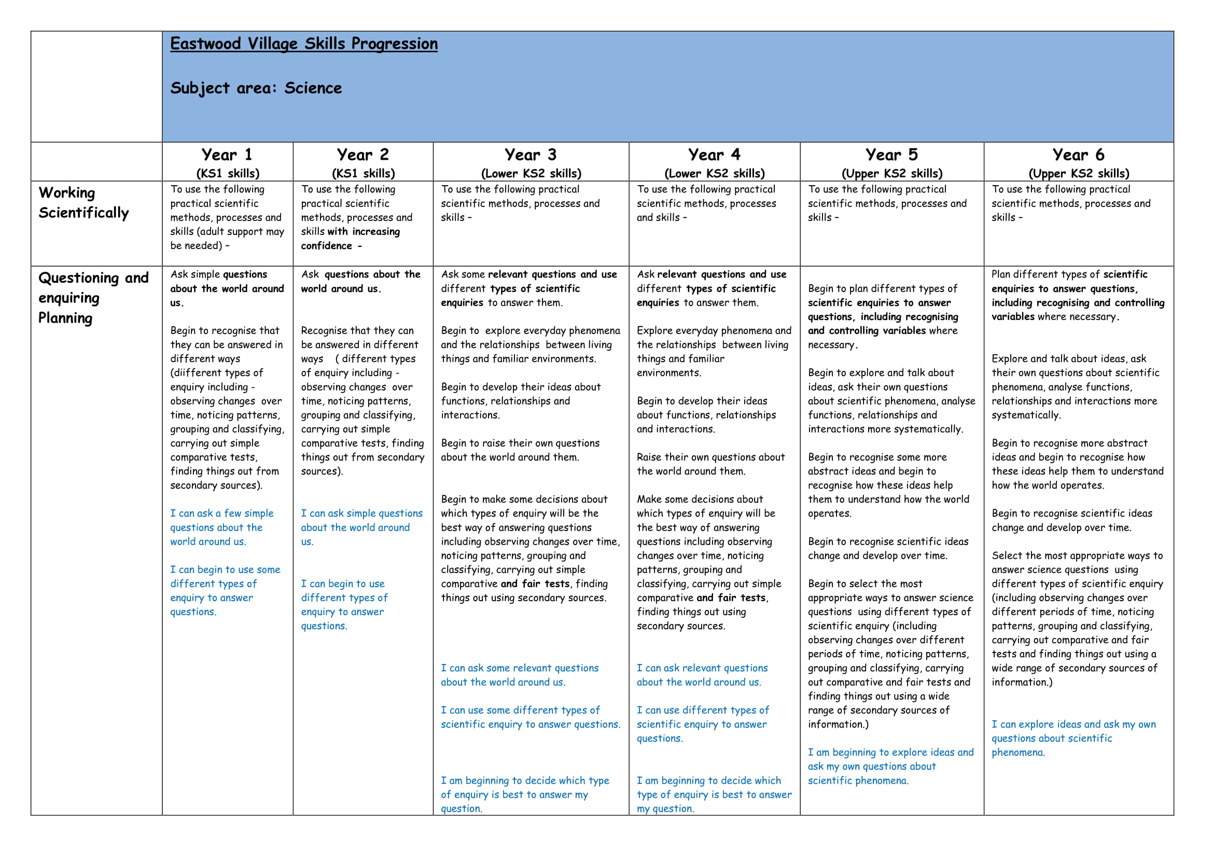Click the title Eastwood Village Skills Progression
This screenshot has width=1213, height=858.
[x=304, y=44]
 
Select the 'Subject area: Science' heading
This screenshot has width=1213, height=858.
[x=256, y=88]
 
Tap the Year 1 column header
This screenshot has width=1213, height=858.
[x=227, y=155]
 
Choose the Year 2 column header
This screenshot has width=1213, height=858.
[x=363, y=155]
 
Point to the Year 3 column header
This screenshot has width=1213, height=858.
[x=531, y=155]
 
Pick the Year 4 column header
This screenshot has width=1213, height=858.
[x=714, y=155]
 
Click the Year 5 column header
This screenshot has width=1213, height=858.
[x=892, y=155]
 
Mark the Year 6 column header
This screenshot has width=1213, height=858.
[x=1078, y=155]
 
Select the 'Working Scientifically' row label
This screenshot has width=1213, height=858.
[x=83, y=202]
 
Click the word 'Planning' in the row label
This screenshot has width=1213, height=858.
[x=65, y=318]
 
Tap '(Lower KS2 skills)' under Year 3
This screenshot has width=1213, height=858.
[x=531, y=173]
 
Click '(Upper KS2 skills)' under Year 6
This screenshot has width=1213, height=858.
[x=1078, y=173]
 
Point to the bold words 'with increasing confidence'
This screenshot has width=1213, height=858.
[x=351, y=239]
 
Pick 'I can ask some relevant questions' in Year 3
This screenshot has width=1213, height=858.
[x=520, y=675]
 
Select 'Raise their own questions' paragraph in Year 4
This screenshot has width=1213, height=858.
[x=710, y=464]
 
